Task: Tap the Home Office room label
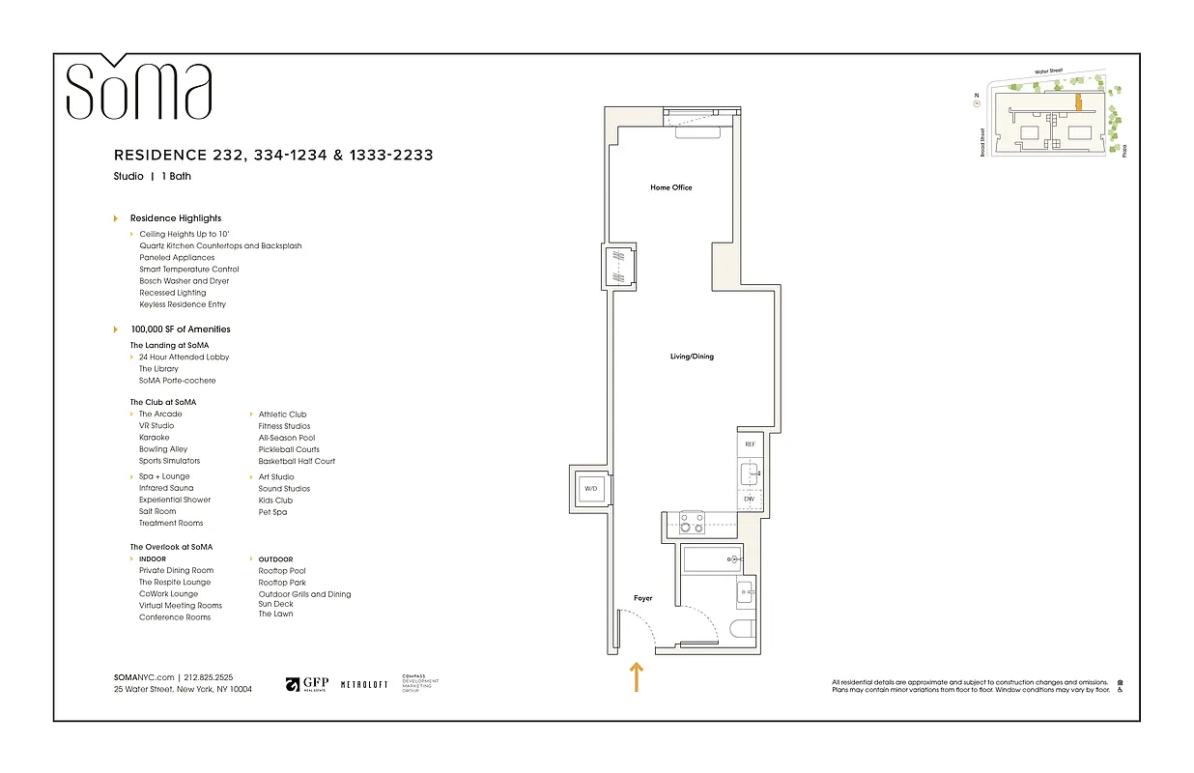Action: [x=670, y=187]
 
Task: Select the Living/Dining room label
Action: [x=692, y=357]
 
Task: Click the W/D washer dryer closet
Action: [x=590, y=489]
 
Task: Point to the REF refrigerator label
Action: [x=749, y=444]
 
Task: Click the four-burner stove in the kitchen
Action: [x=692, y=523]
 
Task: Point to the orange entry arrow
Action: [x=636, y=676]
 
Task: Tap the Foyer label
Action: [x=642, y=598]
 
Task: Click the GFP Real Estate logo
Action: [x=306, y=684]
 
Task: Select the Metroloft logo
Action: [x=364, y=684]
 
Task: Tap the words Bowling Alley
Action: [x=163, y=449]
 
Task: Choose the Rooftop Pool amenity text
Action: [x=282, y=571]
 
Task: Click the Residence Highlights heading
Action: [x=176, y=218]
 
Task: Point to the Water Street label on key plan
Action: [x=1047, y=72]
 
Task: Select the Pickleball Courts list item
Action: [x=289, y=449]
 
